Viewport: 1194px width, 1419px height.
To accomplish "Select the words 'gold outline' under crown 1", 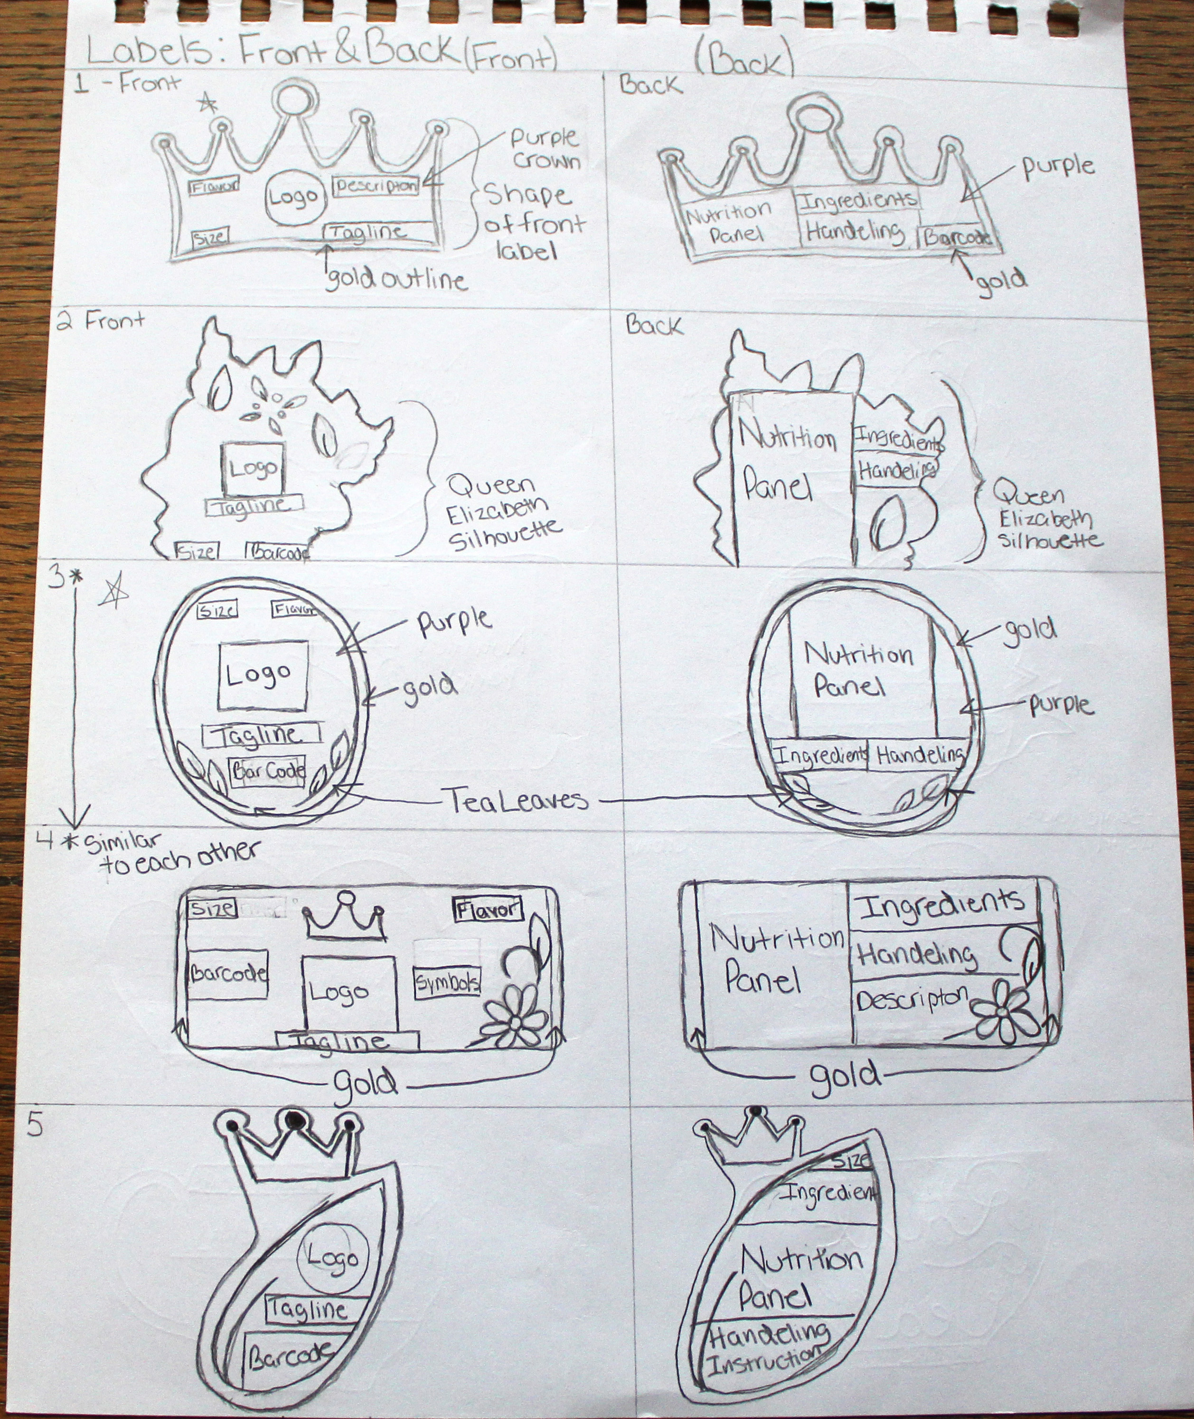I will tap(396, 279).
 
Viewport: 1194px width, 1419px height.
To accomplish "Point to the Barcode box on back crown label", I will tap(958, 237).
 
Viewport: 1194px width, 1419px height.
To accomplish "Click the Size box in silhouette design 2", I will tap(196, 551).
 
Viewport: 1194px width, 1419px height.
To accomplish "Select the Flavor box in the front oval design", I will tap(294, 609).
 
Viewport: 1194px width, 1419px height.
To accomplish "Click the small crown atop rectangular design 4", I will tap(345, 918).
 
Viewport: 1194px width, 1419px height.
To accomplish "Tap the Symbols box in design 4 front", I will tap(447, 984).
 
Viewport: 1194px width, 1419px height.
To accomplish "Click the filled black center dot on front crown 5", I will tap(293, 1120).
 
